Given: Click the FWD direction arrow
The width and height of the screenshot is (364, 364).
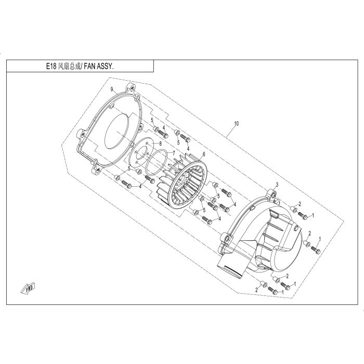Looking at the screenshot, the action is pos(28,288).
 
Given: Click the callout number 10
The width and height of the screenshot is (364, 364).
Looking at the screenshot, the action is pos(236,124).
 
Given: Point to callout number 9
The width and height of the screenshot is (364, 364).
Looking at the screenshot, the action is pos(112,89).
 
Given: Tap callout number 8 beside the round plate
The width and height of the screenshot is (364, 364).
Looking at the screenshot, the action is pos(160,144).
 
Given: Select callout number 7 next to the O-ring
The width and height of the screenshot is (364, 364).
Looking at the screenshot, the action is pos(174,153).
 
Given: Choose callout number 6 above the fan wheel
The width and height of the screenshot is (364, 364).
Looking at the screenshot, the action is pos(204,154).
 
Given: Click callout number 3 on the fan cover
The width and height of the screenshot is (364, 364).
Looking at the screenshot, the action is pos(277,185).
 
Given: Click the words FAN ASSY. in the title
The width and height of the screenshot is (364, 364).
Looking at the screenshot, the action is pos(99,67).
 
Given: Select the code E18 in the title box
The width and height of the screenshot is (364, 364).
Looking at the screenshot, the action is pos(51,67).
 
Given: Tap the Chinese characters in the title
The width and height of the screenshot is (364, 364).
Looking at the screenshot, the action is pos(69,67).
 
